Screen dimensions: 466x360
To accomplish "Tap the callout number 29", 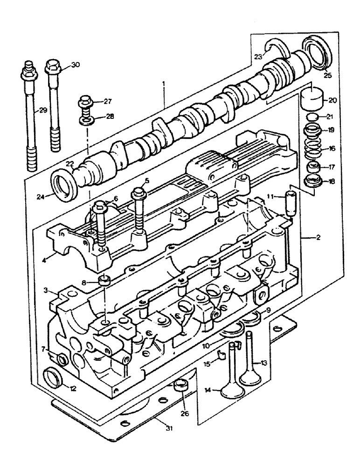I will [x=42, y=110].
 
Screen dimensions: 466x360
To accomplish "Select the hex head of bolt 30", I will [x=52, y=68].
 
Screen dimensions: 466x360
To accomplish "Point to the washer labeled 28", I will [x=86, y=121].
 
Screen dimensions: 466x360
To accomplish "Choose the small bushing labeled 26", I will [x=180, y=386].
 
